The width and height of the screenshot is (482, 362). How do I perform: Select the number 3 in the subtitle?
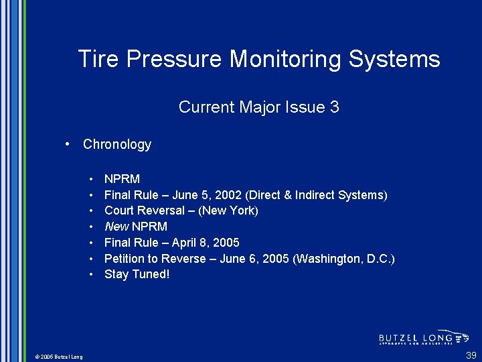[x=334, y=107]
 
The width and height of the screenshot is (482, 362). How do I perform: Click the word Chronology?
[x=117, y=144]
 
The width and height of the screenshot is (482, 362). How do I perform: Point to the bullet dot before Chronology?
[x=68, y=144]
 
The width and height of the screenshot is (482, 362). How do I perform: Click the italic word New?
[x=116, y=227]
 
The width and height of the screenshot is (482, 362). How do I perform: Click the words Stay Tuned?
[x=137, y=274]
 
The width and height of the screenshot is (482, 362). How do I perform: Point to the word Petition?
[x=126, y=259]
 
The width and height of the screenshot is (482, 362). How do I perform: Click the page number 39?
[x=471, y=355]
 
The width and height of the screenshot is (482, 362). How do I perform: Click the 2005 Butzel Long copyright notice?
[x=59, y=357]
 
